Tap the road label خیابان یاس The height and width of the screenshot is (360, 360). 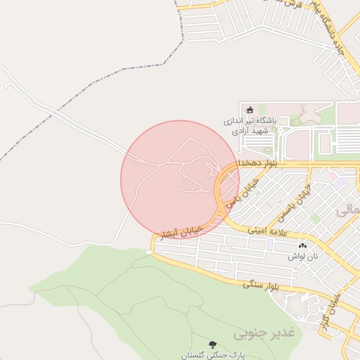247,188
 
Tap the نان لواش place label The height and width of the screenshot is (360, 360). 303,257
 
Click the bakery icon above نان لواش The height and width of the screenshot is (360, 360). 303,245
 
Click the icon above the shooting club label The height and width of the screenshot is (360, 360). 250,110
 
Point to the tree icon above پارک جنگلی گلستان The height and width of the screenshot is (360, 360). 212,345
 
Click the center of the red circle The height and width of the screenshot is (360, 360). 180,179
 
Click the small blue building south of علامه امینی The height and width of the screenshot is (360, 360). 270,243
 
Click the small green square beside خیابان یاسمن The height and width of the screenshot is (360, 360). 315,219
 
